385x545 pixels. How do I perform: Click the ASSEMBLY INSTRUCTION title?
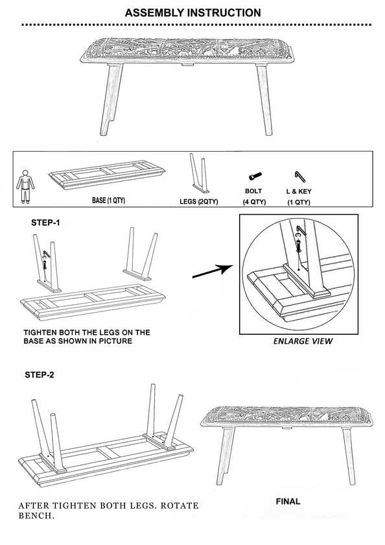click(192, 12)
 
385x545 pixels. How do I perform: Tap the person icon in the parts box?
click(23, 184)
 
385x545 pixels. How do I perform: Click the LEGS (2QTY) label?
click(198, 201)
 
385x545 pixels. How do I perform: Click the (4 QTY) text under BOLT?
click(253, 202)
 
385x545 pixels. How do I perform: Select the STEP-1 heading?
click(47, 222)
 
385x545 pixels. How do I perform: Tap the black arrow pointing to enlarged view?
click(213, 272)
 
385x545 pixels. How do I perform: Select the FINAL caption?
click(287, 501)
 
